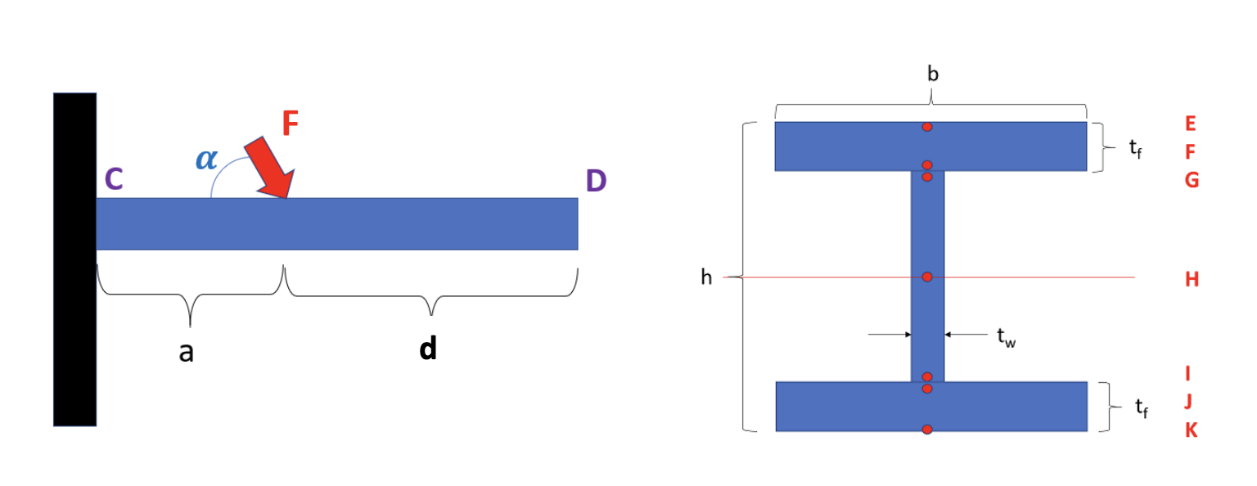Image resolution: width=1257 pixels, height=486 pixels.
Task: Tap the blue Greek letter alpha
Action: pos(206,159)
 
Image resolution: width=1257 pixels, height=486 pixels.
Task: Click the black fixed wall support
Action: pos(74,259)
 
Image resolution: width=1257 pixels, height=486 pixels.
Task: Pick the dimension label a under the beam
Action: pos(187,352)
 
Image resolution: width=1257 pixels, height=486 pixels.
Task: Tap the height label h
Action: pos(706,278)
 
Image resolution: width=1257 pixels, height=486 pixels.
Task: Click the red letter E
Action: pos(1191,124)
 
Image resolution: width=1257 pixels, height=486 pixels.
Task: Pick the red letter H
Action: pos(1192,279)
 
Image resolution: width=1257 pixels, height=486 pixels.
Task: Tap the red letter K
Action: pos(1192,430)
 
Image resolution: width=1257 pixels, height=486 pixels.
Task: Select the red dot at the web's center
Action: pos(927,277)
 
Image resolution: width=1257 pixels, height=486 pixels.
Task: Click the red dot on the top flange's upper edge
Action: pos(927,127)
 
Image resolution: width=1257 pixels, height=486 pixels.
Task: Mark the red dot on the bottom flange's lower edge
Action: pos(927,430)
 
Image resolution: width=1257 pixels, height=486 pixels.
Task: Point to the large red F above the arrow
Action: pos(291,124)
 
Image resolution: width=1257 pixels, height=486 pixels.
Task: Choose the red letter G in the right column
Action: pos(1192,180)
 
